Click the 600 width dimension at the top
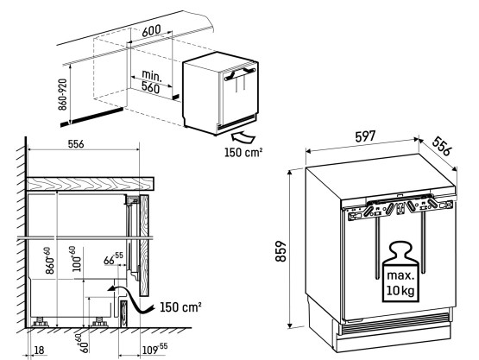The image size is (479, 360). click(151, 31)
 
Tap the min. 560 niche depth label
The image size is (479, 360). click(151, 82)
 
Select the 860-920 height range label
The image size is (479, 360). click(62, 94)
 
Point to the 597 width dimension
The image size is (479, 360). click(365, 136)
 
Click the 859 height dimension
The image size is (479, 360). click(280, 251)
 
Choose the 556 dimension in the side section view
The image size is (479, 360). click(76, 144)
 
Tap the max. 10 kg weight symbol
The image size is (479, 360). click(400, 272)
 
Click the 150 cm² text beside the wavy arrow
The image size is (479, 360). click(181, 306)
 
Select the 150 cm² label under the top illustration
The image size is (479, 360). click(243, 152)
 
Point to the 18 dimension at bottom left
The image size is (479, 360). click(39, 351)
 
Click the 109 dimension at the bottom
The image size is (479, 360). click(155, 349)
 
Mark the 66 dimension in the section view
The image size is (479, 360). click(113, 258)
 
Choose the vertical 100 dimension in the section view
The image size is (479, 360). click(76, 259)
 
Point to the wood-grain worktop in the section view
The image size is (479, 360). click(91, 183)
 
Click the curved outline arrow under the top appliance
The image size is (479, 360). click(243, 137)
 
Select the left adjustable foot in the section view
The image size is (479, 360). click(40, 322)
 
